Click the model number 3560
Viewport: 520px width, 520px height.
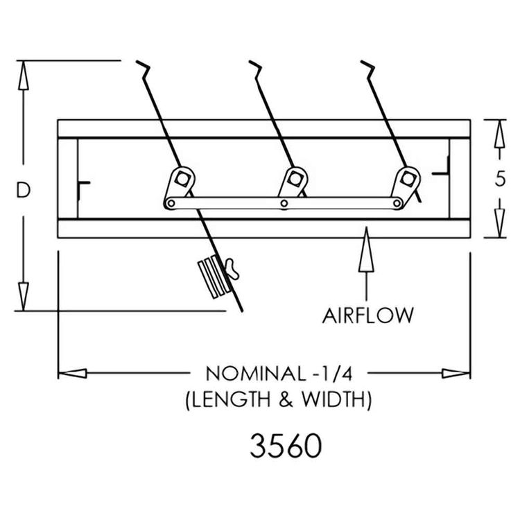[286, 446]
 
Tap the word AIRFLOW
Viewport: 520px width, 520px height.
[367, 315]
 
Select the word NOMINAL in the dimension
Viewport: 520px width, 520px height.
[255, 374]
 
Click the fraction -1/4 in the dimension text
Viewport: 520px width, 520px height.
[332, 374]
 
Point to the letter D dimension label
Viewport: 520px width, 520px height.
[23, 190]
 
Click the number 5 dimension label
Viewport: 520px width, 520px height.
[500, 179]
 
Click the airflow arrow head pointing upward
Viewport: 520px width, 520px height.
[367, 249]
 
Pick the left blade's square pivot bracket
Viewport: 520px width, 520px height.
[182, 179]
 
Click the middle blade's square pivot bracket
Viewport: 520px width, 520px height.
[295, 179]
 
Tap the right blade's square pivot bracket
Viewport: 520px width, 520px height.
[407, 179]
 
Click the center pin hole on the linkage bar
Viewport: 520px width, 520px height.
[284, 203]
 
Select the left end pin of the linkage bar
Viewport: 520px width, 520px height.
[171, 203]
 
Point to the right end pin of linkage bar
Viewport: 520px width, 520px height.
[397, 203]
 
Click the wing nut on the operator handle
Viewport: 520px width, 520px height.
[232, 269]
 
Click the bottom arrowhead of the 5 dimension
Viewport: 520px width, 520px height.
[500, 223]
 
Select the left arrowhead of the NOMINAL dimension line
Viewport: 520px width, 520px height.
[73, 374]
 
